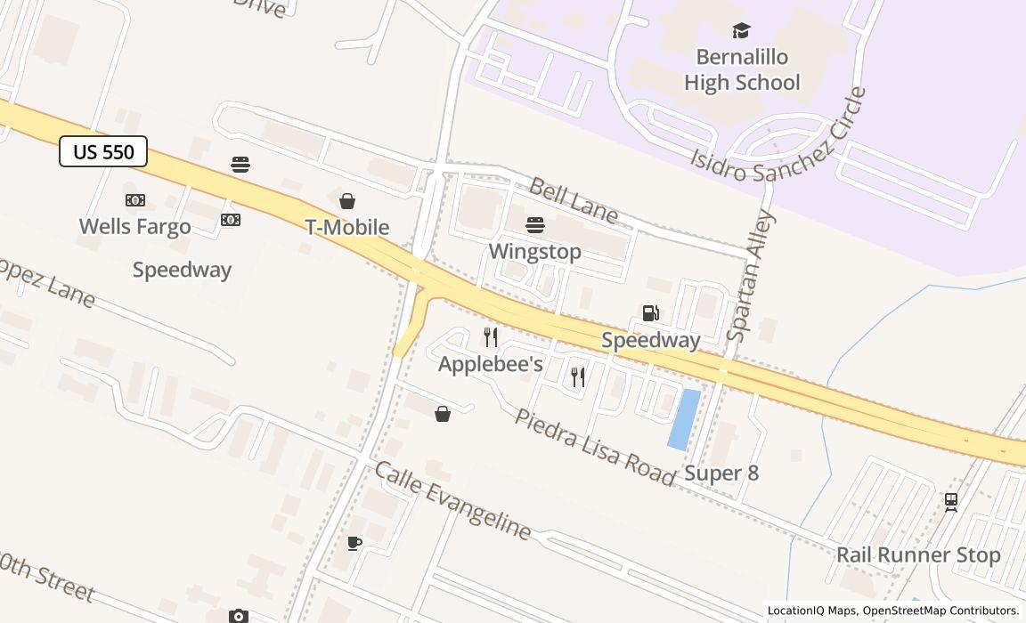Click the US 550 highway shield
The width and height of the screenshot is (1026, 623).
tap(103, 151)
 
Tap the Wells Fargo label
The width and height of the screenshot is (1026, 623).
tap(134, 226)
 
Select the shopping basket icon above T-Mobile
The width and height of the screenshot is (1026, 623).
tap(347, 201)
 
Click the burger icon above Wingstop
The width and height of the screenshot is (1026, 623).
tap(535, 224)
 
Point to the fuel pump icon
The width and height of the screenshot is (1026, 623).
tap(651, 313)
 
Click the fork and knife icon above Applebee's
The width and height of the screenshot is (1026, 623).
tap(491, 337)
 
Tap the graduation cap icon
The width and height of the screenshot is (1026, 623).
tap(741, 31)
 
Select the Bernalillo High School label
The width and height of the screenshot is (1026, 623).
tap(742, 69)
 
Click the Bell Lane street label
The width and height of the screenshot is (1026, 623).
tap(573, 199)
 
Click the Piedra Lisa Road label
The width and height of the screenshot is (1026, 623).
tap(595, 448)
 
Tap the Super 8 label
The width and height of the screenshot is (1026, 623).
tap(721, 473)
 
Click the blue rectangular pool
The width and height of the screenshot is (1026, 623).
tap(684, 418)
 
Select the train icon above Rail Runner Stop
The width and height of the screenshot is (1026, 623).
tap(951, 502)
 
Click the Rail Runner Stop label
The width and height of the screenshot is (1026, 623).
tap(918, 555)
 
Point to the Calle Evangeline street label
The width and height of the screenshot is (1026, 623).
tap(452, 500)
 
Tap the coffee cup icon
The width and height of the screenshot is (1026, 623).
tap(354, 543)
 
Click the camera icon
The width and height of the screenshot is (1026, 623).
tap(238, 616)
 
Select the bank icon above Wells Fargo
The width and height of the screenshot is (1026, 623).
tap(135, 200)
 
